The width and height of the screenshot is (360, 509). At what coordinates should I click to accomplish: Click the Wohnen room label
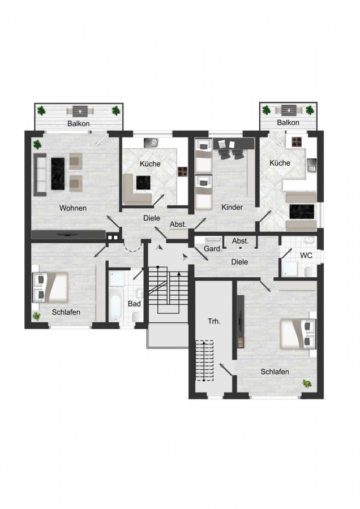pyautogui.click(x=73, y=208)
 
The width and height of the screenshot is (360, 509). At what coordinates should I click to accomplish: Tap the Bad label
pyautogui.click(x=134, y=304)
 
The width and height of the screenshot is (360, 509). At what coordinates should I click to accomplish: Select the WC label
pyautogui.click(x=306, y=256)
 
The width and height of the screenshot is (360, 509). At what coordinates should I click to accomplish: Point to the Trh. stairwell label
pyautogui.click(x=214, y=321)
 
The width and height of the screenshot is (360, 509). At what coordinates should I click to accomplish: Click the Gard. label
pyautogui.click(x=213, y=249)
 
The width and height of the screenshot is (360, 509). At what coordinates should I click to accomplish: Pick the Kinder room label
pyautogui.click(x=232, y=207)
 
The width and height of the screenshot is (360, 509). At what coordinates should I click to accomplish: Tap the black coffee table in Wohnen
pyautogui.click(x=58, y=174)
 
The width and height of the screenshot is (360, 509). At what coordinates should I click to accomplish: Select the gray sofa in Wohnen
pyautogui.click(x=40, y=175)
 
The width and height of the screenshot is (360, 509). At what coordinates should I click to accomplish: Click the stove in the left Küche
pyautogui.click(x=182, y=172)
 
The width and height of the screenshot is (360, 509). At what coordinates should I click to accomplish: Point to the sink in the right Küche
pyautogui.click(x=311, y=166)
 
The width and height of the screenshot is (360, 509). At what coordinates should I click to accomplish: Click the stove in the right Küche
pyautogui.click(x=297, y=141)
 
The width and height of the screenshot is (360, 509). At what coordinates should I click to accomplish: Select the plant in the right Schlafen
pyautogui.click(x=307, y=383)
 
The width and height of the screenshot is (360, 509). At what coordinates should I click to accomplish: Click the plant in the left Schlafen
pyautogui.click(x=36, y=316)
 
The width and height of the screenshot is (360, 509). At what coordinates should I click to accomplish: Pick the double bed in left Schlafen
pyautogui.click(x=52, y=287)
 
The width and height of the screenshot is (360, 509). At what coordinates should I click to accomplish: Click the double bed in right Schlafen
pyautogui.click(x=298, y=334)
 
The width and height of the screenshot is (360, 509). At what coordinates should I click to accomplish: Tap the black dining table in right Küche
pyautogui.click(x=302, y=212)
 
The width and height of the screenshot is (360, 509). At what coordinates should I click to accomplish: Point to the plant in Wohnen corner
pyautogui.click(x=37, y=144)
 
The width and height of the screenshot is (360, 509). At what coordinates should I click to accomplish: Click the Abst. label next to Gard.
pyautogui.click(x=240, y=241)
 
